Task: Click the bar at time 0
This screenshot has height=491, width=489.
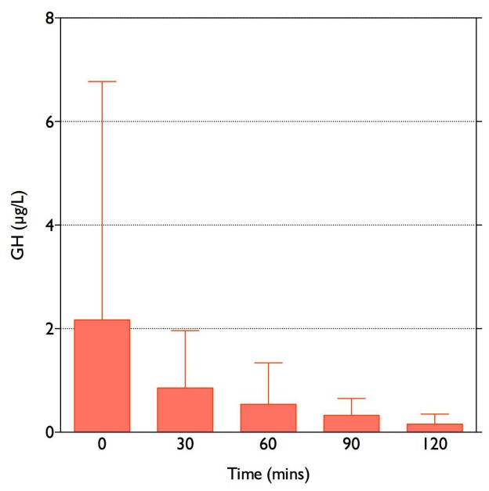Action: (x=102, y=376)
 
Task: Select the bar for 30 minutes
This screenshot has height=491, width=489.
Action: (x=185, y=410)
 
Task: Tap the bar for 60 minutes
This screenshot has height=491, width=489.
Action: (x=268, y=417)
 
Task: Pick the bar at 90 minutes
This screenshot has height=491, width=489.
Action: (x=351, y=423)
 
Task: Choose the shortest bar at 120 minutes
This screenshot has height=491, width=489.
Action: (x=434, y=428)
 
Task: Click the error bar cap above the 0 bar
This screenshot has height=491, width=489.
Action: (x=102, y=81)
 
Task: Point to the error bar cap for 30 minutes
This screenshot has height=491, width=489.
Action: (x=185, y=330)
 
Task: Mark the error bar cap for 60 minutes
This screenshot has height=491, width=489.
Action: (x=268, y=363)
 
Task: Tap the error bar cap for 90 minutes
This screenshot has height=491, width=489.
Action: (x=351, y=399)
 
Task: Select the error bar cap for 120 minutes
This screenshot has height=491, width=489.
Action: (x=434, y=413)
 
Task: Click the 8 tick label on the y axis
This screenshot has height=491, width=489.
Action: (x=49, y=18)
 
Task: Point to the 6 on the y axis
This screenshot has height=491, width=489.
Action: (x=49, y=121)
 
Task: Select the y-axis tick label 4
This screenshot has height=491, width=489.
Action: (x=49, y=225)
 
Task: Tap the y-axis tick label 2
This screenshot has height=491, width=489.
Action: (x=49, y=328)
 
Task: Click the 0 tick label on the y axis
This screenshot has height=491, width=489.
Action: (x=49, y=431)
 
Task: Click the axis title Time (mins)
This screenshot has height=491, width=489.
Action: (x=269, y=474)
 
